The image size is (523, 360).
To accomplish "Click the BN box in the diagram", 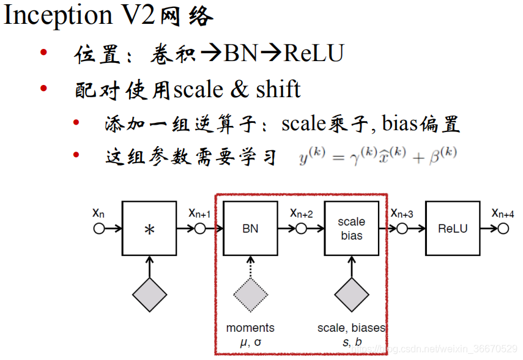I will pos(250,229).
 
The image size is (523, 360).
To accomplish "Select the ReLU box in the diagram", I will pos(452,229).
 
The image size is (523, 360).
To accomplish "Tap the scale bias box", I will pos(351,229).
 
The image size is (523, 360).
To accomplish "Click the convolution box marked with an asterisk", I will pos(149,229).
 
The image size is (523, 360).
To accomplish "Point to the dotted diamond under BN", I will pos(250,295).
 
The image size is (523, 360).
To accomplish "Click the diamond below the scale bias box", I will pos(351,295).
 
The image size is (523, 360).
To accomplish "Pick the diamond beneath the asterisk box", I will pos(149,295).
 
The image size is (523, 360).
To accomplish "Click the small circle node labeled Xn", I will pos(98,229).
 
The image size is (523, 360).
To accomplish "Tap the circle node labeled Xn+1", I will pos(199,229).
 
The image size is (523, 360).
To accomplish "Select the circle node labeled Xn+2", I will pos(300,229).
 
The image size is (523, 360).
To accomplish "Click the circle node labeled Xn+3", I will pos(401,229).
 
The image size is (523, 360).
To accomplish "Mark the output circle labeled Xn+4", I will pos(503,229).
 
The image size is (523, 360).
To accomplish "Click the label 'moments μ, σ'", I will pos(250,335).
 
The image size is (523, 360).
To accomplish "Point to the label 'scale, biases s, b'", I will pos(351,335).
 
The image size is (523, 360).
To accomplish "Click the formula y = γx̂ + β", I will pos(377,156).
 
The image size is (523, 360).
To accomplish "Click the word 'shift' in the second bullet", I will pos(278,89).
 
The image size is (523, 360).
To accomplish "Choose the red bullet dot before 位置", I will pos(43,53).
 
